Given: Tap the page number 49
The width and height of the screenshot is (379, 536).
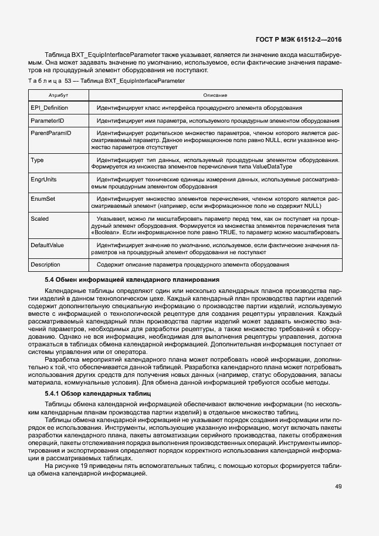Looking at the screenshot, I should tap(339, 486).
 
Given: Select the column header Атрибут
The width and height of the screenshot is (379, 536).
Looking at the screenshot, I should tap(58, 95).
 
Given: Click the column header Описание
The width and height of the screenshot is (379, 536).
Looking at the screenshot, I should tap(215, 95).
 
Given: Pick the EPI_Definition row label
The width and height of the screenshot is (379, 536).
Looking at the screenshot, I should tap(49, 108).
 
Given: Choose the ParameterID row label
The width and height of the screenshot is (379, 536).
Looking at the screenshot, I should tap(47, 121).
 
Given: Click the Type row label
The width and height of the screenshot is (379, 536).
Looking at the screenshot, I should tap(37, 160).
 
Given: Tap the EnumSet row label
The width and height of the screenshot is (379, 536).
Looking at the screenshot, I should tap(43, 199).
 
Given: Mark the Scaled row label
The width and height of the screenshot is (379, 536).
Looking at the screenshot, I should tap(40, 218).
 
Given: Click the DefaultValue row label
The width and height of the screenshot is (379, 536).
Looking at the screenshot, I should tap(48, 245).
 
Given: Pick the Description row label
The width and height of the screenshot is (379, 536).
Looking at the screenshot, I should tap(45, 265).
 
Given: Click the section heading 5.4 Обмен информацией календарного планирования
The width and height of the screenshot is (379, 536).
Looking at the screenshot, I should tap(132, 279).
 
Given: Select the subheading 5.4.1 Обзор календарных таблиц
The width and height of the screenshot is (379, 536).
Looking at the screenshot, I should tap(99, 393).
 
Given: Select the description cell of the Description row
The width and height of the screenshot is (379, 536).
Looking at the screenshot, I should tap(193, 265).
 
